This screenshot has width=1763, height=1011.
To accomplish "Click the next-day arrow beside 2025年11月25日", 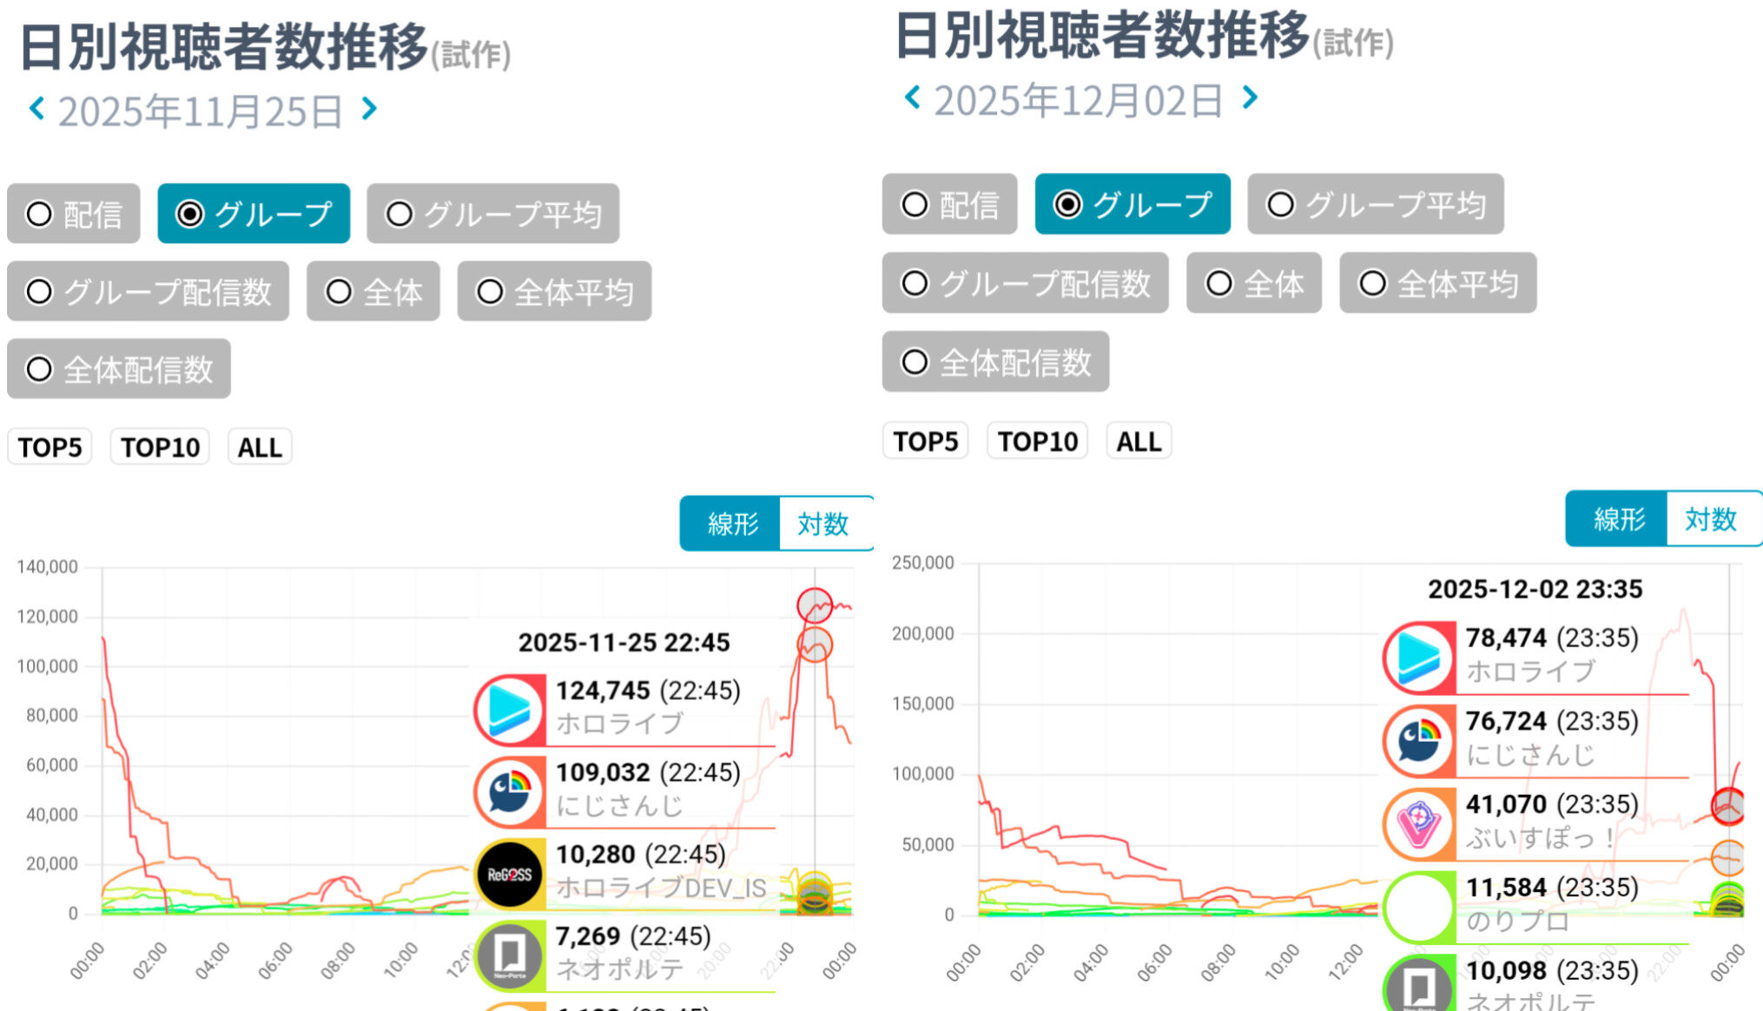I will [370, 109].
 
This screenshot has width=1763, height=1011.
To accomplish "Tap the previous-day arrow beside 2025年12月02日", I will [912, 97].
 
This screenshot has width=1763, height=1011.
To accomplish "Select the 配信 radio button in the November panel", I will [74, 214].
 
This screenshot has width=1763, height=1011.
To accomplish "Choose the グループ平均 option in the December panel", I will [1376, 205].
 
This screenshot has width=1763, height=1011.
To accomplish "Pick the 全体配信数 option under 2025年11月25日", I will [119, 369].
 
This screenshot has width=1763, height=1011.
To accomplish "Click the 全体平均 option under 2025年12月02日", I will [1438, 283].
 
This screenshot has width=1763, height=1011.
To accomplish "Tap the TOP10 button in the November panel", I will [160, 447].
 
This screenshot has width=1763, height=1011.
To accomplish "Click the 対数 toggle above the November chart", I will [822, 524].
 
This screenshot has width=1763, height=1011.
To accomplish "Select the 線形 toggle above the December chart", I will [1618, 519].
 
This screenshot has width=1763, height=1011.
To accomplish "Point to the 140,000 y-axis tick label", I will [48, 567].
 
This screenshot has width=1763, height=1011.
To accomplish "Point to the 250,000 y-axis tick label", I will [923, 563].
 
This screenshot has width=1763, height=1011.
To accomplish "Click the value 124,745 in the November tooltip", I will [603, 691].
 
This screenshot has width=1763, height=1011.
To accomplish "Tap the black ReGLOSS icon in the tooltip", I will [510, 874].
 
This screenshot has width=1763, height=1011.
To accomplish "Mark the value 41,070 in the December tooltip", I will [1506, 804].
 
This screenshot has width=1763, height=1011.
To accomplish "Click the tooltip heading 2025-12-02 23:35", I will [1535, 589].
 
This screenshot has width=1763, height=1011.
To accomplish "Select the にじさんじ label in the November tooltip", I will [619, 806].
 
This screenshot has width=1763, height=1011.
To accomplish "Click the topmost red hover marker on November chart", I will [815, 605].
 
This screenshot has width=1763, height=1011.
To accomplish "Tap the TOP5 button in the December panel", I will [925, 441].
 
